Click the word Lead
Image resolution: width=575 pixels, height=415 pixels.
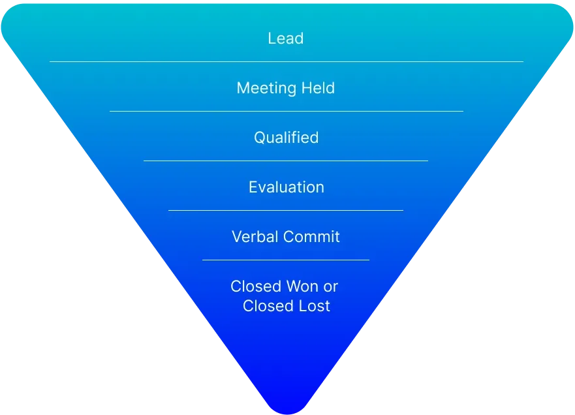pyautogui.click(x=286, y=38)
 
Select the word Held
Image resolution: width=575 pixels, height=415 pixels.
pyautogui.click(x=318, y=88)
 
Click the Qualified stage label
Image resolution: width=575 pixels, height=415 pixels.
pyautogui.click(x=286, y=138)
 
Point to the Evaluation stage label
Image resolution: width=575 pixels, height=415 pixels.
pyautogui.click(x=286, y=187)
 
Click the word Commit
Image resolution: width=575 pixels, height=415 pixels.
pyautogui.click(x=312, y=236)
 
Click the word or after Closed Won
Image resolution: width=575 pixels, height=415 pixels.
pyautogui.click(x=330, y=286)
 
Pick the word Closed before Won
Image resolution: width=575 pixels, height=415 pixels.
pyautogui.click(x=255, y=286)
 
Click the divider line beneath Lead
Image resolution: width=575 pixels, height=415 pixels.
pyautogui.click(x=286, y=61)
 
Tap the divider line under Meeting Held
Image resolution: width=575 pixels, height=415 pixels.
pyautogui.click(x=286, y=111)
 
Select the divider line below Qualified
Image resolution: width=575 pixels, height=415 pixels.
pyautogui.click(x=286, y=161)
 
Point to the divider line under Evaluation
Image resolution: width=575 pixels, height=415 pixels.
pyautogui.click(x=286, y=210)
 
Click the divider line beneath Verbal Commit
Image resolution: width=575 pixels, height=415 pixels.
pyautogui.click(x=286, y=260)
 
